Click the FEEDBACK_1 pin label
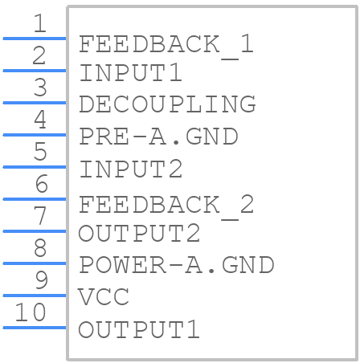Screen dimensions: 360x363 coord(166,46)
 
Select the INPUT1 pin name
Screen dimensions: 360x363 coord(131,72)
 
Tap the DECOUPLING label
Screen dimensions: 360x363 coord(167,104)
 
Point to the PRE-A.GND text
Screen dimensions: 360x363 coord(158,137)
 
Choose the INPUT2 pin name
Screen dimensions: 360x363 coord(131,169)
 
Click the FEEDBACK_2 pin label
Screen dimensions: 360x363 coord(166,206)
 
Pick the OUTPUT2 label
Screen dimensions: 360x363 coord(139,233)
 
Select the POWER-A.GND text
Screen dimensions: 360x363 coord(177,265)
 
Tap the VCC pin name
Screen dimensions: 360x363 coord(104,296)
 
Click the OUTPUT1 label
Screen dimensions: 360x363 coord(139,329)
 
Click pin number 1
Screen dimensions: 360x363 coord(40,23)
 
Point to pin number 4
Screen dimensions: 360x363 coord(40,120)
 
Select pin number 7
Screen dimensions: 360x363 coord(40,215)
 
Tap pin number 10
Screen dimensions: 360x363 coord(31,312)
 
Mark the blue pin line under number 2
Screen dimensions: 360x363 coord(35,71)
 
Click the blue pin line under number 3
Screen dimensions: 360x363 coord(35,103)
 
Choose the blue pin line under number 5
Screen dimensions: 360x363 coord(35,167)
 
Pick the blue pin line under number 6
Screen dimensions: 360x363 coord(35,199)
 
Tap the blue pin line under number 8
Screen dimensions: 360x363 coord(35,263)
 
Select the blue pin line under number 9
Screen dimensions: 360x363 coord(35,296)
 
